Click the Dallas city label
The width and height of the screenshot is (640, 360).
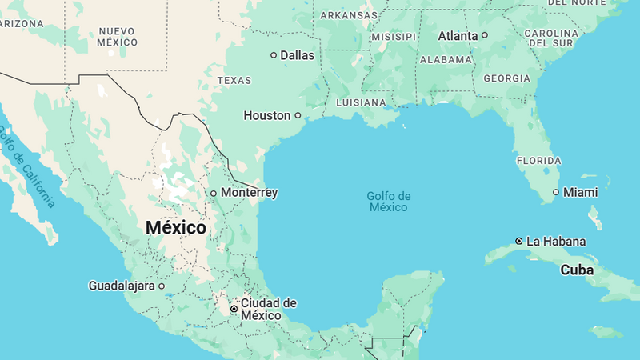297,55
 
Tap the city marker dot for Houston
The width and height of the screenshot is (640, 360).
298,115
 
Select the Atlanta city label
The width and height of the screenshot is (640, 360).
458,35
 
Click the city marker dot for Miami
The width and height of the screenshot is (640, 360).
556,192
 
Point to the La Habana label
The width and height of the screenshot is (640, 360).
556,241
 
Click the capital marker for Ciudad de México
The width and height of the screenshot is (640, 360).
234,308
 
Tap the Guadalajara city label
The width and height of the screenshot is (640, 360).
122,285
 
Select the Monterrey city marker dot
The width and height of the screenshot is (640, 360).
214,193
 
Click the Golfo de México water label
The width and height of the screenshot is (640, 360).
389,202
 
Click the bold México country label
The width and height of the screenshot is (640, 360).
175,228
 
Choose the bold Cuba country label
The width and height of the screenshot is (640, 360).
576,270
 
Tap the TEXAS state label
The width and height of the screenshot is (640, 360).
234,80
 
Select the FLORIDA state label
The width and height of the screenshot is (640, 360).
538,161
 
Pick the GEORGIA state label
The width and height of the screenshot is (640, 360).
506,78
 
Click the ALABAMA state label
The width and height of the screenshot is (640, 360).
446,60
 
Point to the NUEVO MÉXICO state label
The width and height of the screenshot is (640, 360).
118,36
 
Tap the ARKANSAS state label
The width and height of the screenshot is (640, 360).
349,15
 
